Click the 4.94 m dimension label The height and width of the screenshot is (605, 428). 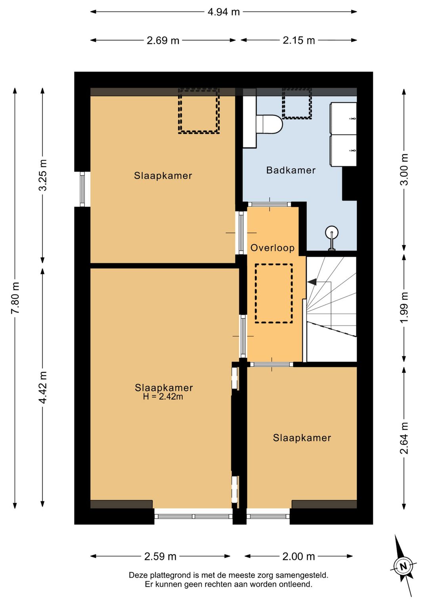point(224,12)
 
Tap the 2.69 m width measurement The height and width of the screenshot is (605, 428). point(163,40)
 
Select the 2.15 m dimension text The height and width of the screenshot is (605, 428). point(299,40)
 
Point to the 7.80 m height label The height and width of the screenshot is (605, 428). point(15,298)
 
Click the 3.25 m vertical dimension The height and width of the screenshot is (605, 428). point(43,175)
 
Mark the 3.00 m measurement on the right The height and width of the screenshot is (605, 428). point(404,169)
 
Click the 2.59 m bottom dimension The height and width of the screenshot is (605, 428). point(160,556)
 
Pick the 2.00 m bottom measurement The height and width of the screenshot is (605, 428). point(299,556)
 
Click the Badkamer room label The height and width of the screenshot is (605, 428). point(291,170)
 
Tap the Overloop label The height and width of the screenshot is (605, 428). point(273,248)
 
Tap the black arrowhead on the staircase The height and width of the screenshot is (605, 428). point(312,282)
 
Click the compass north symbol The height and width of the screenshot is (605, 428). point(403,566)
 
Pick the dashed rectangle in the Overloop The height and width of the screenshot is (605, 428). point(274,293)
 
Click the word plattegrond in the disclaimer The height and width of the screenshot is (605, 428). point(174,575)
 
